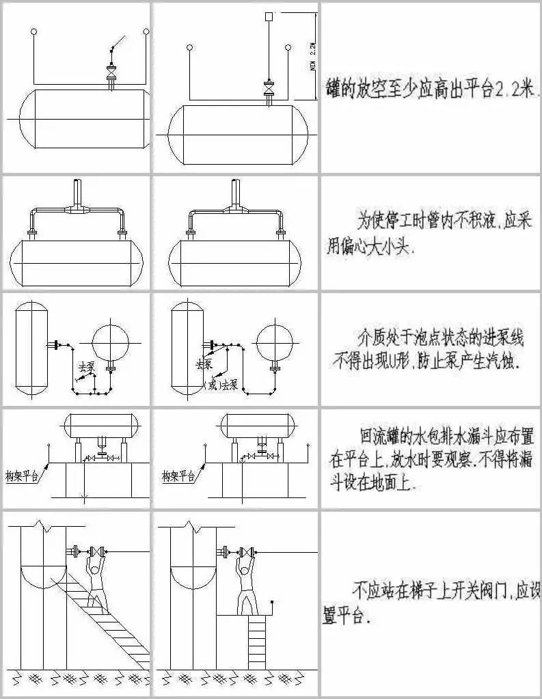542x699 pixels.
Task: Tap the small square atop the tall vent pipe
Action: coord(269,16)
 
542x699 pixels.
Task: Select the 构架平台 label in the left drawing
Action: coord(23,476)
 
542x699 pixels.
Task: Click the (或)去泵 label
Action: coord(221,385)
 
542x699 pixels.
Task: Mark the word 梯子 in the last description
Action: coord(423,587)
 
